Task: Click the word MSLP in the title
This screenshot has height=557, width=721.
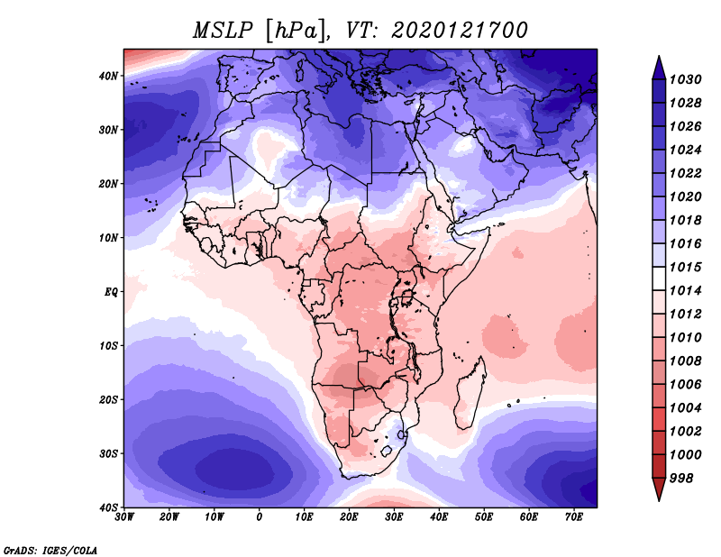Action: pyautogui.click(x=223, y=31)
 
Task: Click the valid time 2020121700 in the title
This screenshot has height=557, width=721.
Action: pyautogui.click(x=460, y=31)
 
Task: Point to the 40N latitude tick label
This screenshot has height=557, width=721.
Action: pyautogui.click(x=108, y=76)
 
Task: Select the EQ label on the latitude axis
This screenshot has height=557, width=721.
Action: pyautogui.click(x=111, y=292)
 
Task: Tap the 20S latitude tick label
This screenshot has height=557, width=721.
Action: pyautogui.click(x=108, y=399)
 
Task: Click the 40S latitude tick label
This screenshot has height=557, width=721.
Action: pyautogui.click(x=108, y=507)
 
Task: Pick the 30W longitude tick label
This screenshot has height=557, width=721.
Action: pyautogui.click(x=124, y=517)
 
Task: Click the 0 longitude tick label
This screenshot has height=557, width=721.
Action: pyautogui.click(x=260, y=517)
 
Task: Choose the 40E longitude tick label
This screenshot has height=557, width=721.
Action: pyautogui.click(x=439, y=517)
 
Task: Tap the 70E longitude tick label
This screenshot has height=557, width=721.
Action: pyautogui.click(x=574, y=517)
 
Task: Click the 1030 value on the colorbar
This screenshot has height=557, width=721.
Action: pyautogui.click(x=685, y=79)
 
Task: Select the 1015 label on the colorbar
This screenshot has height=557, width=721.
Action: pyautogui.click(x=685, y=267)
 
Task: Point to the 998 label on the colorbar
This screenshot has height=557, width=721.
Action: pyautogui.click(x=680, y=479)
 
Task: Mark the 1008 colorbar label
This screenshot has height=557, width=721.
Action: pyautogui.click(x=685, y=361)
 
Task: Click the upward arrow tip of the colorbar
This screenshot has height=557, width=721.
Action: pyautogui.click(x=659, y=56)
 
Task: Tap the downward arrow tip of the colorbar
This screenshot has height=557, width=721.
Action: pyautogui.click(x=659, y=500)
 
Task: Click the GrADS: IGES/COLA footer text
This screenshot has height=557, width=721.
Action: pyautogui.click(x=50, y=550)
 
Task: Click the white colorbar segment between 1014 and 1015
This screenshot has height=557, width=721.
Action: pyautogui.click(x=659, y=278)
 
